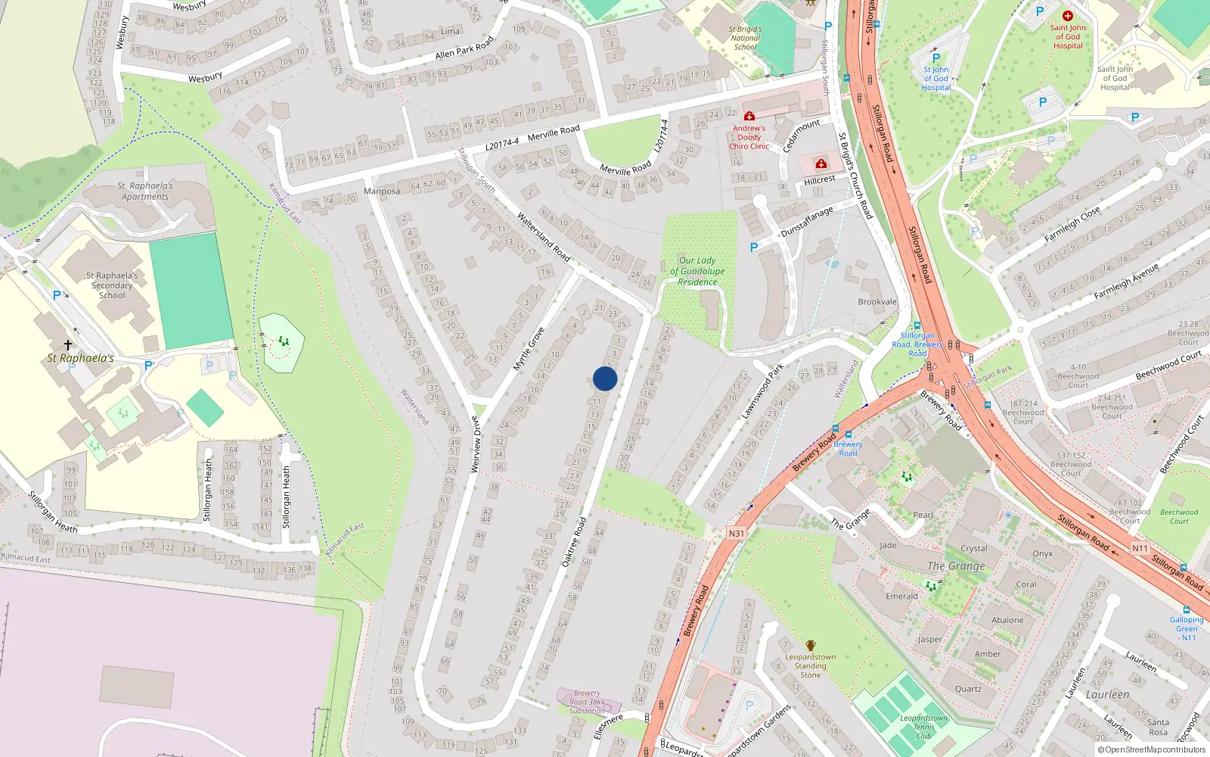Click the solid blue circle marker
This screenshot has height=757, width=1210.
pyautogui.click(x=605, y=378)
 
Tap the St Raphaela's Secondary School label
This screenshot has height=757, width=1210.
pyautogui.click(x=112, y=285)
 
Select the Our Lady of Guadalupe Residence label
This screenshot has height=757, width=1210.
pyautogui.click(x=697, y=271)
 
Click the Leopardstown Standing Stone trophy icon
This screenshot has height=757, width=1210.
pyautogui.click(x=811, y=646)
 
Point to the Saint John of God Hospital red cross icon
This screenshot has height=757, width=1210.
pyautogui.click(x=1067, y=16)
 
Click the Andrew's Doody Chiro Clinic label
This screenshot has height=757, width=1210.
pyautogui.click(x=749, y=137)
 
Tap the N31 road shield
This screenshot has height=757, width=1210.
pyautogui.click(x=736, y=534)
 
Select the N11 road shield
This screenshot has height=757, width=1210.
pyautogui.click(x=1140, y=548)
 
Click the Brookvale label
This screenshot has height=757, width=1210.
pyautogui.click(x=877, y=302)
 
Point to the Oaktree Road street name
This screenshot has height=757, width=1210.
pyautogui.click(x=575, y=542)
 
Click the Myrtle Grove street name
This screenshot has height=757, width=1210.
pyautogui.click(x=529, y=349)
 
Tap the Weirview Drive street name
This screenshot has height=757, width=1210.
pyautogui.click(x=475, y=444)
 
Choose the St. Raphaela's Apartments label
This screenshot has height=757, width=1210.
pyautogui.click(x=145, y=191)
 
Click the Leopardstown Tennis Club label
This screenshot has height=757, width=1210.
pyautogui.click(x=924, y=727)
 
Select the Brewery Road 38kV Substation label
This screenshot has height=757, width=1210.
pyautogui.click(x=587, y=702)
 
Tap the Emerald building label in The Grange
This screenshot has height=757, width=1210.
pyautogui.click(x=902, y=597)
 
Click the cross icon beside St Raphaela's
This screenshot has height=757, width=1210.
pyautogui.click(x=68, y=345)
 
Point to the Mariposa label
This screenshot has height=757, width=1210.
pyautogui.click(x=382, y=192)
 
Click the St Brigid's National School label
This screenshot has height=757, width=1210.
pyautogui.click(x=745, y=38)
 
